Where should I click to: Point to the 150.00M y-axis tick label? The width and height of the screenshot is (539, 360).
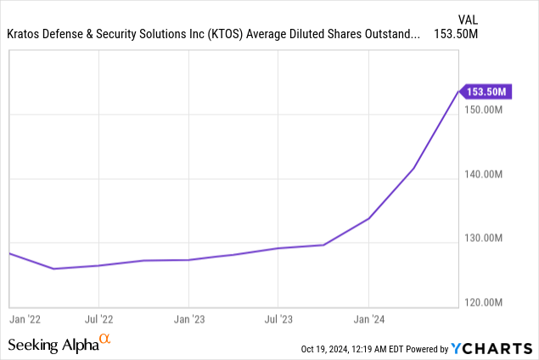coord(489,110)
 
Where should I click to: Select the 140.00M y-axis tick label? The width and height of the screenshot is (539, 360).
coord(489,175)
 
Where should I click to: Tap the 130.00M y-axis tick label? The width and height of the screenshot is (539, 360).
coord(489,239)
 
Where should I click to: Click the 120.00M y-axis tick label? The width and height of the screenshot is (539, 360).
coord(489,302)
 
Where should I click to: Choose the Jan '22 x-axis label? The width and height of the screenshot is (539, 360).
coord(25,319)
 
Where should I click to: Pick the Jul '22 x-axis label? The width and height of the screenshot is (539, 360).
coord(99,319)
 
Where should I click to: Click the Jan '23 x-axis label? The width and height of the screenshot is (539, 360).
coord(188,319)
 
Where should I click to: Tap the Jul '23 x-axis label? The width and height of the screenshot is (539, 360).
coord(278,319)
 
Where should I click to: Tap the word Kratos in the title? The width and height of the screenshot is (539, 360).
coord(25,35)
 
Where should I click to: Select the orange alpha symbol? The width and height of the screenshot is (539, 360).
coord(104,340)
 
